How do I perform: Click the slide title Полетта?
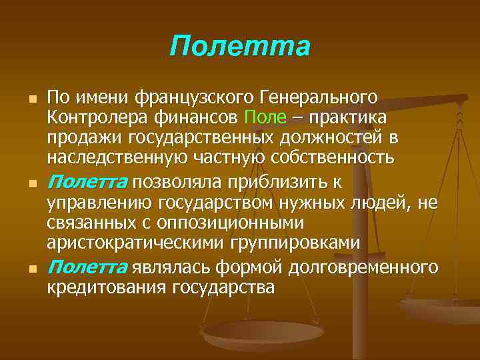click(x=240, y=47)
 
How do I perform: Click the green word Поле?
click(x=265, y=118)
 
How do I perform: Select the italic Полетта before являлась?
click(x=89, y=268)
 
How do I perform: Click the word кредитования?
click(x=107, y=288)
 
